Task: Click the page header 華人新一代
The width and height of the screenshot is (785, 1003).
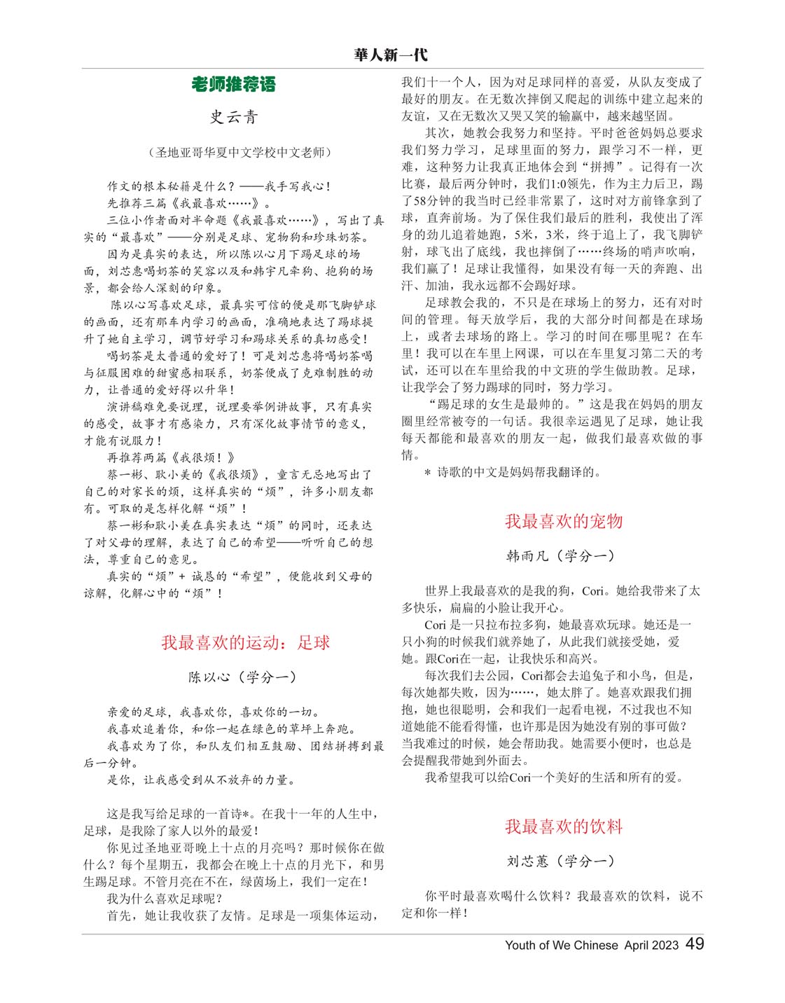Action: coord(391,55)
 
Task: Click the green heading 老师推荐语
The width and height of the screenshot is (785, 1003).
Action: coord(234,85)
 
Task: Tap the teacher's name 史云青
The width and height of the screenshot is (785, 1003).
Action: coord(234,117)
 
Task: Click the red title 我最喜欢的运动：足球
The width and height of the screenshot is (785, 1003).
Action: coord(245,642)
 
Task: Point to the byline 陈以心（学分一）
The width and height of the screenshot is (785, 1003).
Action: coord(242,677)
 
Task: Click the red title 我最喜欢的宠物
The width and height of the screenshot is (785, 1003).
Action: coord(564,521)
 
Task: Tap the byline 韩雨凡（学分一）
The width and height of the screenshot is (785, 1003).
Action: coord(560,555)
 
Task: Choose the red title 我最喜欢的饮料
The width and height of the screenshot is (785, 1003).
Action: coord(564,826)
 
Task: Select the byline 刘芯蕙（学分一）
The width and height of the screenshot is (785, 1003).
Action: coord(560,861)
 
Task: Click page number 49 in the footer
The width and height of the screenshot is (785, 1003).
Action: coord(695,943)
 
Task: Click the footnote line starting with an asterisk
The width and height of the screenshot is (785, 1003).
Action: coord(513,472)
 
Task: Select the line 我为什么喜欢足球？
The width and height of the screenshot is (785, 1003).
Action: coord(165,899)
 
